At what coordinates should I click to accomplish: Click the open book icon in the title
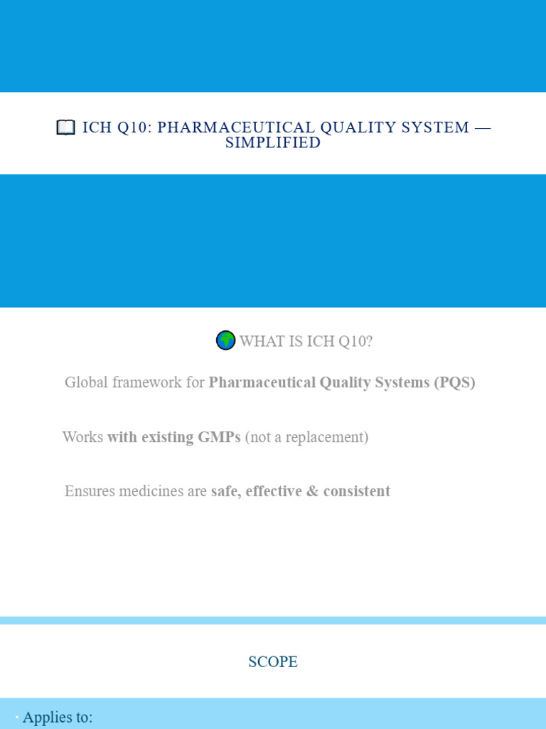point(65,127)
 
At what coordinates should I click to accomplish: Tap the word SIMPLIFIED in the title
point(273,142)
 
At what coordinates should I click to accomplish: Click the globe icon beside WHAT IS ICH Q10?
point(225,341)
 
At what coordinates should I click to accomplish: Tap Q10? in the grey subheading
point(355,342)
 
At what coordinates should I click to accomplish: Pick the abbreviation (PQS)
point(454,382)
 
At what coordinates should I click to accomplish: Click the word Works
point(82,437)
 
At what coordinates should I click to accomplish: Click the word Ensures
point(90,491)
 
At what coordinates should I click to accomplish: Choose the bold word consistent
point(357,491)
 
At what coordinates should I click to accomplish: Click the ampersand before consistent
point(312,491)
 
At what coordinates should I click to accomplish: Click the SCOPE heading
point(273,662)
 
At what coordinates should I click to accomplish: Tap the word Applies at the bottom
point(44,718)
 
